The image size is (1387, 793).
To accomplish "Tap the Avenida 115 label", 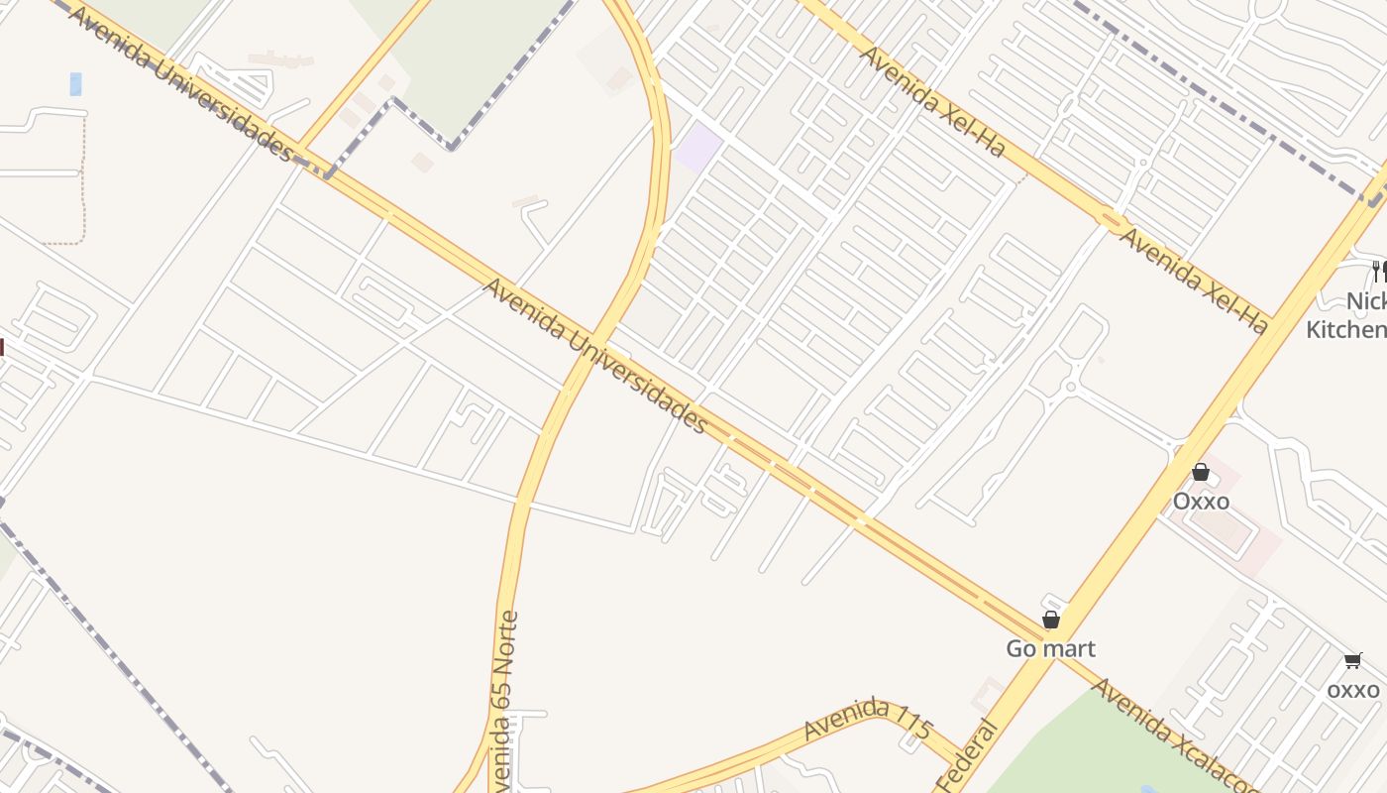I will (869, 719).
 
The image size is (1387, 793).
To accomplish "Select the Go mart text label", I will (1050, 649).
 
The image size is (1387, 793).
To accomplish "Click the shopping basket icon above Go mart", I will (1051, 621).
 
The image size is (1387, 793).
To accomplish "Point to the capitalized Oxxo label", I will (1201, 502).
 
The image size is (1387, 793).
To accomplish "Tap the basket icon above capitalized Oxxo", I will (1201, 472).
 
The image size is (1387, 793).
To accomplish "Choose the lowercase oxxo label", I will (1353, 689).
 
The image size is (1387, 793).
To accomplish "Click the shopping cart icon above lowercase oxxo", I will (1353, 660).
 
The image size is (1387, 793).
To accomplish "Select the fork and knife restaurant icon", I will (1378, 270).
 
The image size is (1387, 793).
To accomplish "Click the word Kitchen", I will (1347, 330).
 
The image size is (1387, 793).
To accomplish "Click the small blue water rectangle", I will (75, 84).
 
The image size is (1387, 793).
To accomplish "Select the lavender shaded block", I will (698, 147).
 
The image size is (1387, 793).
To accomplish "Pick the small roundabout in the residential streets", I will (1070, 387).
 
